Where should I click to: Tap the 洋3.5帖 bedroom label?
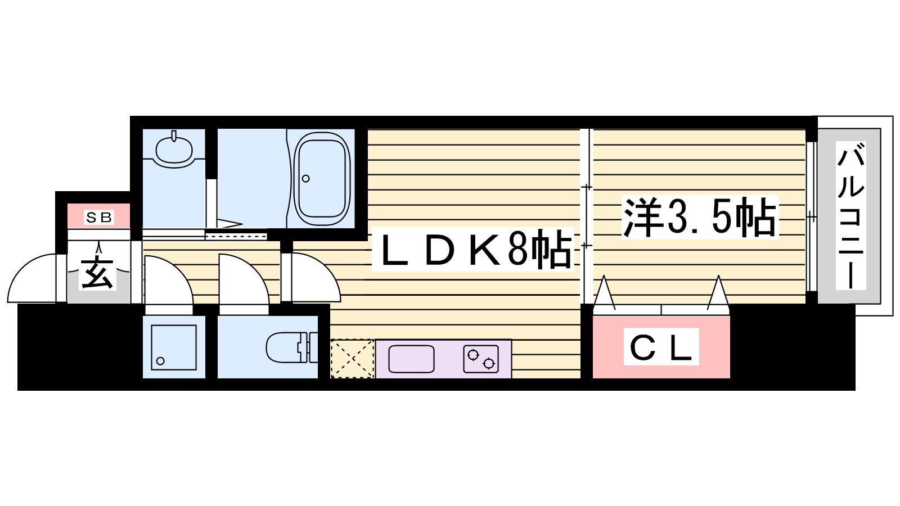point(700,217)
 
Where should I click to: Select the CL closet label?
point(661,346)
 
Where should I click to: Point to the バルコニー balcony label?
point(850,215)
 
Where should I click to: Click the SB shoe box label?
point(99,217)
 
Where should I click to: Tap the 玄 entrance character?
point(98,273)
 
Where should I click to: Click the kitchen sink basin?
point(411,359)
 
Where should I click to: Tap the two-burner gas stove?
point(480,359)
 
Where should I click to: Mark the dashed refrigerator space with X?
point(352,359)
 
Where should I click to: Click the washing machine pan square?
point(174,347)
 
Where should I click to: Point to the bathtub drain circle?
point(306,178)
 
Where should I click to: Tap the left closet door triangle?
point(604,293)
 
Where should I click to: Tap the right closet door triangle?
point(718,293)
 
